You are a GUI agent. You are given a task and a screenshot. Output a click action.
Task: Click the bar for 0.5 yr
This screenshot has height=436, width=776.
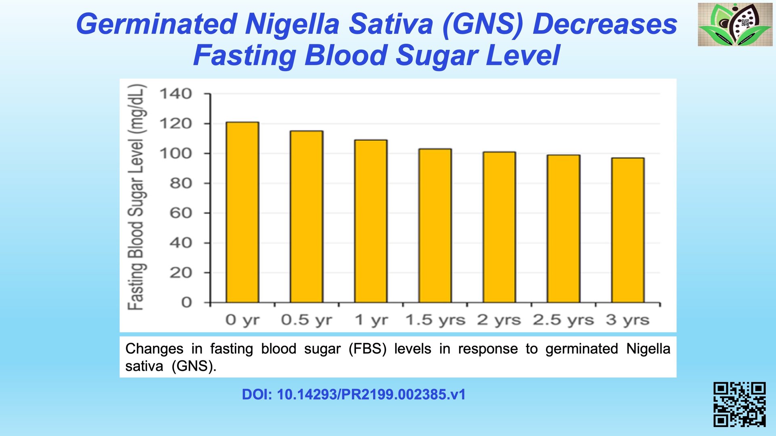click(306, 217)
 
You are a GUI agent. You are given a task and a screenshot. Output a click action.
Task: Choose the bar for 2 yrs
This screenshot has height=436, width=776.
click(499, 227)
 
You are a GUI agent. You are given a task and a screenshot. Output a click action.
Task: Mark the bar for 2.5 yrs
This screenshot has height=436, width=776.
click(563, 229)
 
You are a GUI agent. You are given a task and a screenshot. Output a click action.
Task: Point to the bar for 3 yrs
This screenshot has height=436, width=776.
click(628, 230)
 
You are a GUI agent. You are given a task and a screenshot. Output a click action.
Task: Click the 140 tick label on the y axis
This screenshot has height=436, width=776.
click(176, 94)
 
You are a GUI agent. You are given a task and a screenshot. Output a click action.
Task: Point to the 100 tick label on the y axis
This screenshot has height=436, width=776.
click(176, 154)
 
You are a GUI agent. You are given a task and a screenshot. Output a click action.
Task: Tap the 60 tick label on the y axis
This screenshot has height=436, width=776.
click(181, 213)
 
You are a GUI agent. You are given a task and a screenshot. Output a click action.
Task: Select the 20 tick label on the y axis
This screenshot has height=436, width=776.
click(181, 273)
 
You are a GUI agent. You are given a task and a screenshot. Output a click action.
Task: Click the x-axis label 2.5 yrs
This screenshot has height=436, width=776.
click(563, 320)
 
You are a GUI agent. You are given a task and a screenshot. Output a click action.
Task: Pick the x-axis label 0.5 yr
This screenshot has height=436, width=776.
click(306, 320)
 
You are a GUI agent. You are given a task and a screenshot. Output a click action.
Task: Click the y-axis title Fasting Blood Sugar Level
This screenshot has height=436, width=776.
click(136, 197)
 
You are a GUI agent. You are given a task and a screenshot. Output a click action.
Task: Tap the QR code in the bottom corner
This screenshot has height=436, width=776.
click(739, 404)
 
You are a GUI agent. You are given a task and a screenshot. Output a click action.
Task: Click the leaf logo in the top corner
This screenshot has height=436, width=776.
click(735, 24)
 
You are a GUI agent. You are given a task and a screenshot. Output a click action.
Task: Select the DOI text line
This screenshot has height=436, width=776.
click(354, 394)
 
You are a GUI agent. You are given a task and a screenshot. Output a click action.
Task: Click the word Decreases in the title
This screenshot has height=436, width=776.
click(605, 24)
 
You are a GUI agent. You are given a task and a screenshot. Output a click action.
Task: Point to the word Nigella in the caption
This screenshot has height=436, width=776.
click(648, 348)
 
